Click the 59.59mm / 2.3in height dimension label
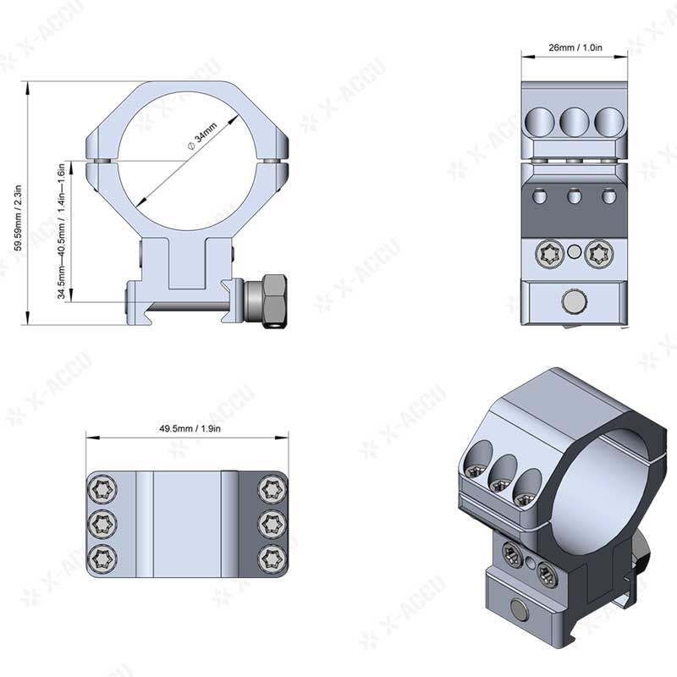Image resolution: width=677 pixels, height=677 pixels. [18, 204]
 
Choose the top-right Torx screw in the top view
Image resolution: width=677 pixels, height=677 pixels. [271, 488]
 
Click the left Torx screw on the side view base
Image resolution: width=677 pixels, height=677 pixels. [549, 251]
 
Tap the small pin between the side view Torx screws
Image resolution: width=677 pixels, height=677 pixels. [575, 250]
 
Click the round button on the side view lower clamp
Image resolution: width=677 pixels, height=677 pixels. [575, 301]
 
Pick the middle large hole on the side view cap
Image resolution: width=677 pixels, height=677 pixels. [575, 122]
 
